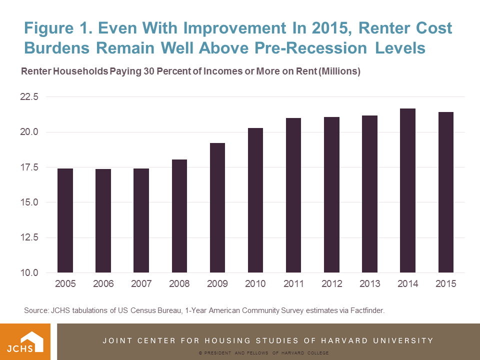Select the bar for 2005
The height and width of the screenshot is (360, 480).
(x=65, y=220)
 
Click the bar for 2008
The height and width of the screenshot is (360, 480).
(x=179, y=216)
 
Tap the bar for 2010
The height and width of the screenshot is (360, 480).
(x=255, y=200)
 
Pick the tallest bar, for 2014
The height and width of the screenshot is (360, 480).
(x=407, y=190)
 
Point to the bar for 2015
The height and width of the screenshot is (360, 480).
(x=445, y=192)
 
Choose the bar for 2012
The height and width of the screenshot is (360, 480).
(x=331, y=195)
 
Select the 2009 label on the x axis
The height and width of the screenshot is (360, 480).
(x=217, y=284)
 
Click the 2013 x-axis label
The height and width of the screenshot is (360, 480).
(x=369, y=284)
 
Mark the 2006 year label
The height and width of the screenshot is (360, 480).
(x=103, y=284)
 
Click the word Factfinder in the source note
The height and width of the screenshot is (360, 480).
(x=367, y=310)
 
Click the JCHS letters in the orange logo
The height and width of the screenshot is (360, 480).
(x=18, y=346)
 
